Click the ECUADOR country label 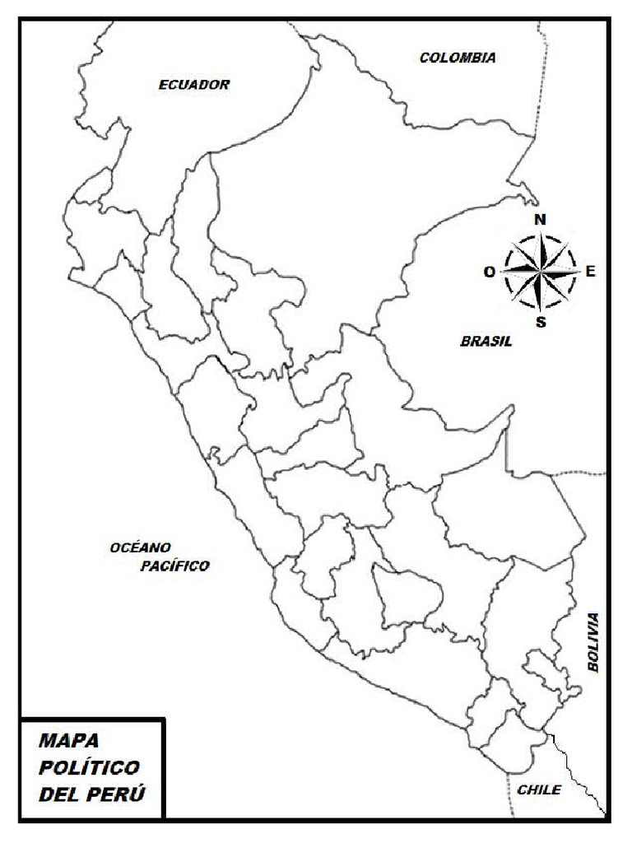pos(194,84)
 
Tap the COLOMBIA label pos(458,58)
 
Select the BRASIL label pos(486,341)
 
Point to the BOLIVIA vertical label pos(594,643)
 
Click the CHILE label pos(539,789)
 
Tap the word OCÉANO pos(140,547)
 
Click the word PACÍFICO pos(174,566)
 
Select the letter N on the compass pos(541,219)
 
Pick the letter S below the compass pos(541,322)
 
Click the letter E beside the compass pos(590,271)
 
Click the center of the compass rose pos(540,271)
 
